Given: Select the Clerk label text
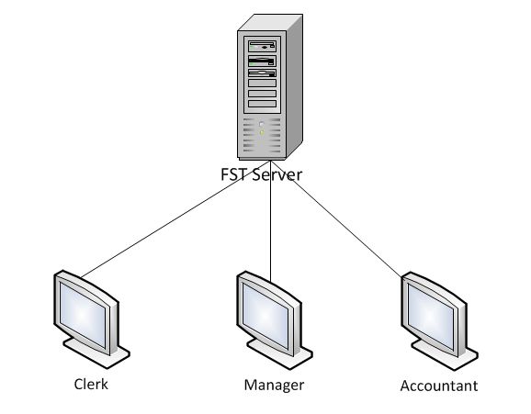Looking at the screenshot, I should pos(90,384).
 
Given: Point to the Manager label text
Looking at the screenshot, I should pos(273,384).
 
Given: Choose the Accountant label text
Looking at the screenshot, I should pos(439,386).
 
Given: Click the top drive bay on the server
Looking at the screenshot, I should pos(262,44).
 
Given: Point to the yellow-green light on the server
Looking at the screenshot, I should pos(262,132).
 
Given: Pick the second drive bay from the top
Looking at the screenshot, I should pos(262,59).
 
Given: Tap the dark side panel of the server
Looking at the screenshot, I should pos(295,92).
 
